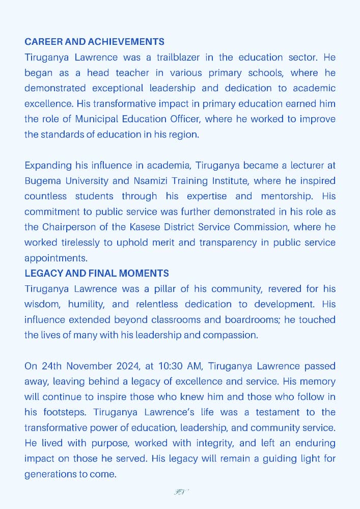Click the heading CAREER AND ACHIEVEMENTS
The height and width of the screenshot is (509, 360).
(x=94, y=42)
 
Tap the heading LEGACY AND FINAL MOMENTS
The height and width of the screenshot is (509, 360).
(x=97, y=274)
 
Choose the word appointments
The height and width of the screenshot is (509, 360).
(x=51, y=258)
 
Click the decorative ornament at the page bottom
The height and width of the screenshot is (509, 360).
(x=180, y=492)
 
